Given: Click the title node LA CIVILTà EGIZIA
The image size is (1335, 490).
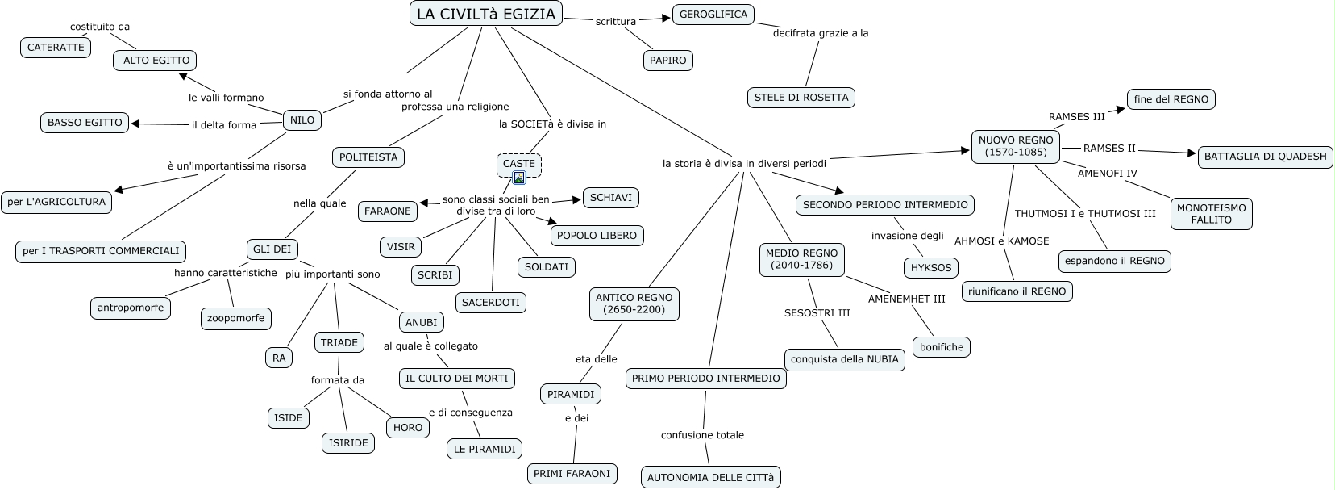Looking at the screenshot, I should (486, 14).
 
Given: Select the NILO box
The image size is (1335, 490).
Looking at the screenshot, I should (302, 120).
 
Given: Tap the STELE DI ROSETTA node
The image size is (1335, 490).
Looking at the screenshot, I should (801, 98).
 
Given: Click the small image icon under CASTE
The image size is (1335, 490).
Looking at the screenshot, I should (519, 178).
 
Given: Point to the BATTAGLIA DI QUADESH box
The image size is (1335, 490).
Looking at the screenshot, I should (1265, 157).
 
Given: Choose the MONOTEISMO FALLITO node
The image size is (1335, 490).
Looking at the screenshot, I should (1211, 213).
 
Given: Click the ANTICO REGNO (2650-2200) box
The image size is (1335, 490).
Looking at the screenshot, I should (634, 304).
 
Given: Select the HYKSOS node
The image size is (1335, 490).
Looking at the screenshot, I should (930, 267).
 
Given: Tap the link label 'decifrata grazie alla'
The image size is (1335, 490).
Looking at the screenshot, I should (821, 33).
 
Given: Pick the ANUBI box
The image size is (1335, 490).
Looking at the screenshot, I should (421, 322).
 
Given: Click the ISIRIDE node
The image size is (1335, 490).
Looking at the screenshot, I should (348, 442).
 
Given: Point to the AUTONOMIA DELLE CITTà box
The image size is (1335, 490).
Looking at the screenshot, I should (710, 477).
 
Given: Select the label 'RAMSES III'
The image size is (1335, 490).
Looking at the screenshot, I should (1076, 116).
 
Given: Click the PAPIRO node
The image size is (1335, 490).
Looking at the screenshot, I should (667, 60).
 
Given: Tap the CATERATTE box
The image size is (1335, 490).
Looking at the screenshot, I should (56, 47).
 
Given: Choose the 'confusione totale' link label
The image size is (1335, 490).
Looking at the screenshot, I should (702, 435).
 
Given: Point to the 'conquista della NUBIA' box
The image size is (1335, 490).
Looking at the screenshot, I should (844, 359).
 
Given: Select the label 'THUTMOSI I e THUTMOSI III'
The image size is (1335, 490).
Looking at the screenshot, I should (1085, 213).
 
